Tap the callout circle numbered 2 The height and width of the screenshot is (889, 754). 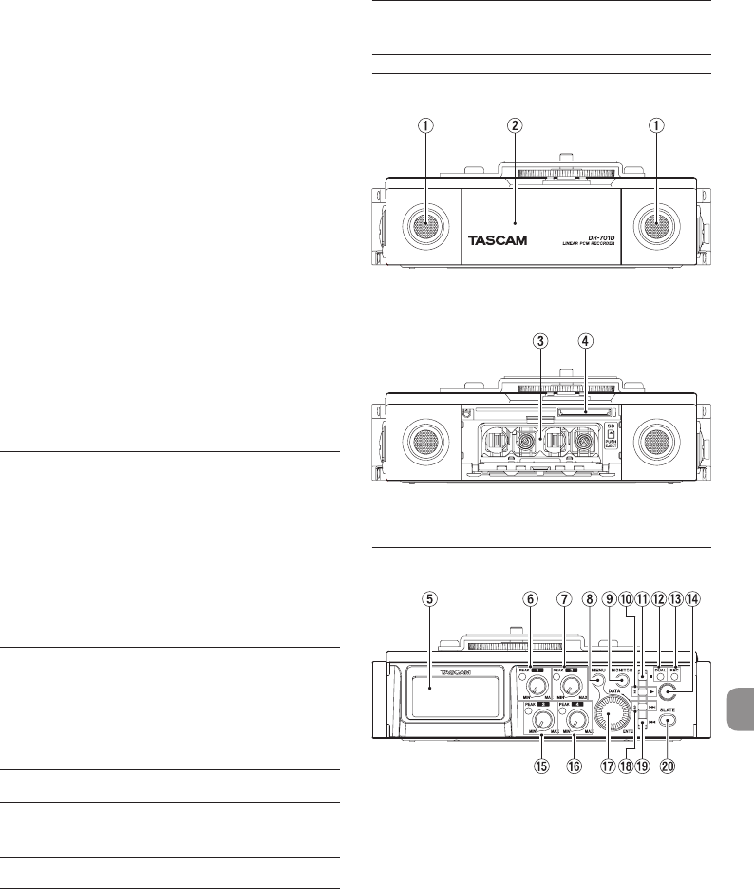coord(514,126)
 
